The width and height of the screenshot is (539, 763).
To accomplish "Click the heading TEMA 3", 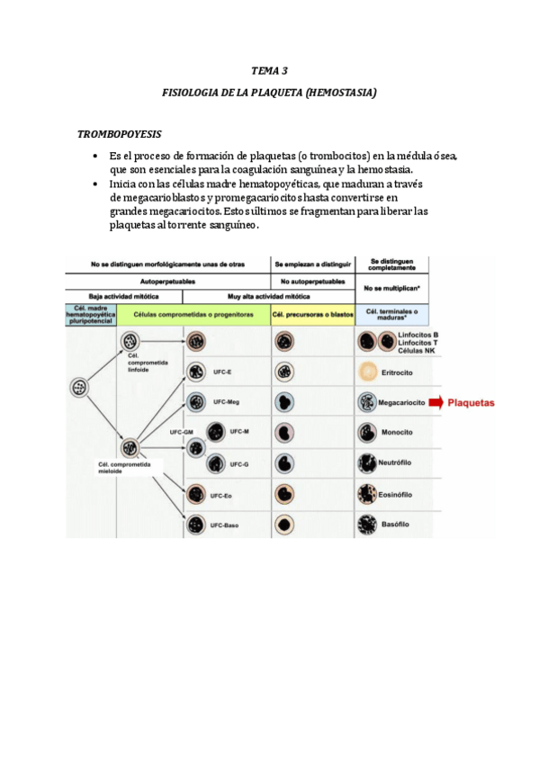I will [x=269, y=70].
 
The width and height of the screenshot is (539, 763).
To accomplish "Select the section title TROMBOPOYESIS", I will [x=119, y=134].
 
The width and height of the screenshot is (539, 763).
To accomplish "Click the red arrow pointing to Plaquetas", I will [x=436, y=402].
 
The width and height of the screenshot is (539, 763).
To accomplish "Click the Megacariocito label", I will [x=401, y=402].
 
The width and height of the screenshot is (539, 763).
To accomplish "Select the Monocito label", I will [x=397, y=433].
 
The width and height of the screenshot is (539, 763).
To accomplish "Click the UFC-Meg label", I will [x=227, y=402].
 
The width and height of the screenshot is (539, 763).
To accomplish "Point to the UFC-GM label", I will [x=182, y=433].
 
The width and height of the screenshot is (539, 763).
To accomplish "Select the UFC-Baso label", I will [x=225, y=525].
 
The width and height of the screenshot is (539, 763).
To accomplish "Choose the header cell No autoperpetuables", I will [x=312, y=281].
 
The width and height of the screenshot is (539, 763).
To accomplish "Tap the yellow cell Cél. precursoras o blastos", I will [x=312, y=314].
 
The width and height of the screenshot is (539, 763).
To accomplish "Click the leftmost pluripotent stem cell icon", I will [x=79, y=389].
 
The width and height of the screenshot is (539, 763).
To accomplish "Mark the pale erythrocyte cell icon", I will [x=367, y=372].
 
